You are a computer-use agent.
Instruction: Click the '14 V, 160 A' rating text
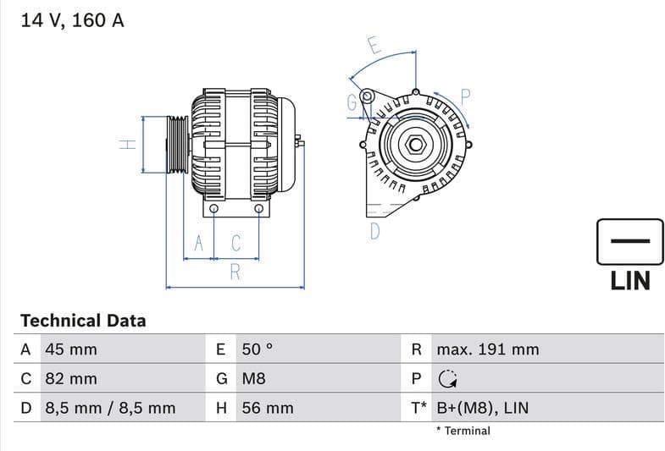(x=72, y=20)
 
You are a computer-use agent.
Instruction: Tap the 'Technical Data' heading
(x=83, y=321)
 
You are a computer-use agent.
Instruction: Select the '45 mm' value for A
(x=70, y=349)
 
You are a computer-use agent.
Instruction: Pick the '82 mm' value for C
(x=70, y=378)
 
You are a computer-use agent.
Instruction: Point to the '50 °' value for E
(x=258, y=349)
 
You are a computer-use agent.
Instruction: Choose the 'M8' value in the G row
(x=253, y=378)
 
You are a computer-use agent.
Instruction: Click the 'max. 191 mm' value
(x=487, y=349)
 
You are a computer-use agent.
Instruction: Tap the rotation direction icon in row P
(x=447, y=379)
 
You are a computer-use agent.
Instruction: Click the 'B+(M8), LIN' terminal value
(x=481, y=408)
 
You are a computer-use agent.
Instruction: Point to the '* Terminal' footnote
(x=463, y=431)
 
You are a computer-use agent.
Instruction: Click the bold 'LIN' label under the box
(x=630, y=280)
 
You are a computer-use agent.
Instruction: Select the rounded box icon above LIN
(x=630, y=242)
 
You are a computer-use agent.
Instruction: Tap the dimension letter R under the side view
(x=235, y=272)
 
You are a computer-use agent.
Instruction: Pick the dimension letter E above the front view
(x=374, y=46)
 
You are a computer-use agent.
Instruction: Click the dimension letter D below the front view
(x=374, y=230)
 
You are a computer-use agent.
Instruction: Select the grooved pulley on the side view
(x=177, y=144)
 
